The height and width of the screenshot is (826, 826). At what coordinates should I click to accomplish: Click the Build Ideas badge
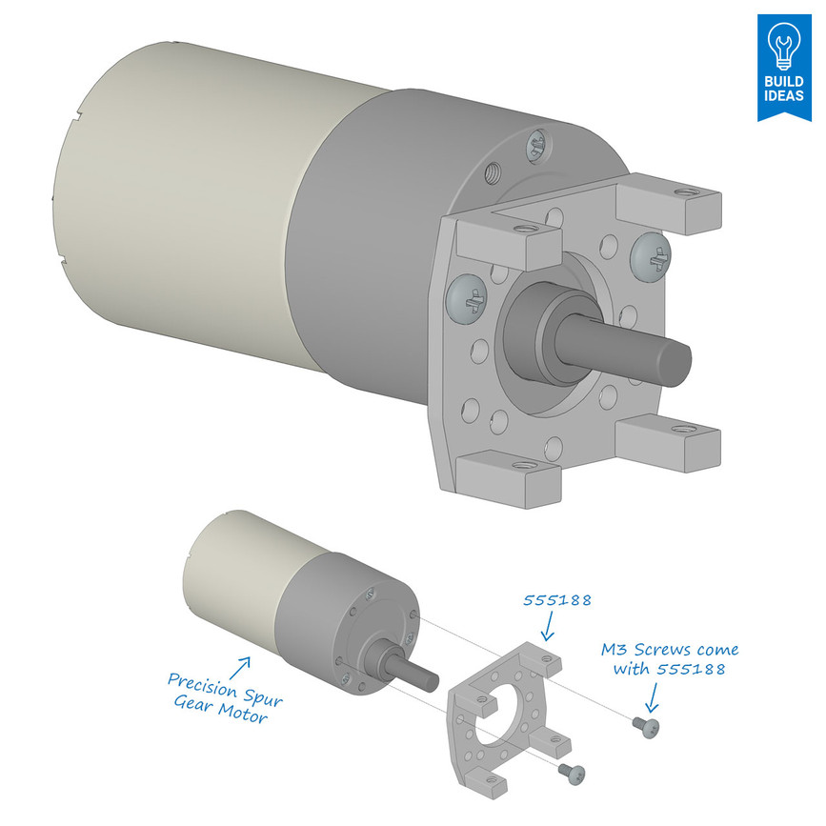coord(784,67)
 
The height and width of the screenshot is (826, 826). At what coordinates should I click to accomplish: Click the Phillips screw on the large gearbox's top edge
coord(536,144)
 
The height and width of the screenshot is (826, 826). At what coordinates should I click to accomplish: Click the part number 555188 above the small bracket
coord(557,601)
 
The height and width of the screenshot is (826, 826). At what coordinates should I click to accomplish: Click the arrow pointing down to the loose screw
coord(652,699)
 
